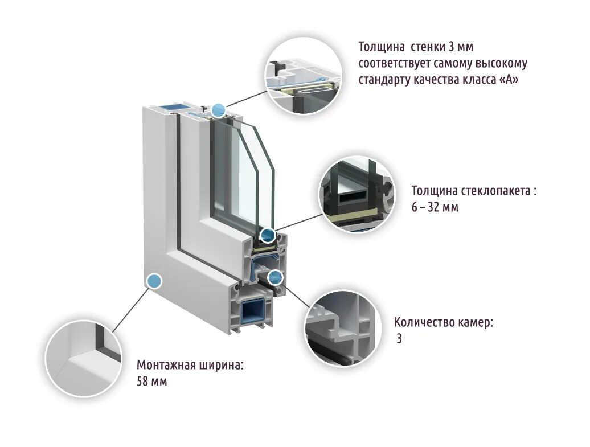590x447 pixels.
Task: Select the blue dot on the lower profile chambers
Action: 276,277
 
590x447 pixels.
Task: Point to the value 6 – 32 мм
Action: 435,207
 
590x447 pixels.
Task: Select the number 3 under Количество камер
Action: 399,339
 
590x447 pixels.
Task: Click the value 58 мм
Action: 151,381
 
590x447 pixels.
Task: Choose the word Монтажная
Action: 165,365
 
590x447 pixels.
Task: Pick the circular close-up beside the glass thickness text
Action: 356,194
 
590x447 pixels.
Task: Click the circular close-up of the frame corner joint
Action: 83,359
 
